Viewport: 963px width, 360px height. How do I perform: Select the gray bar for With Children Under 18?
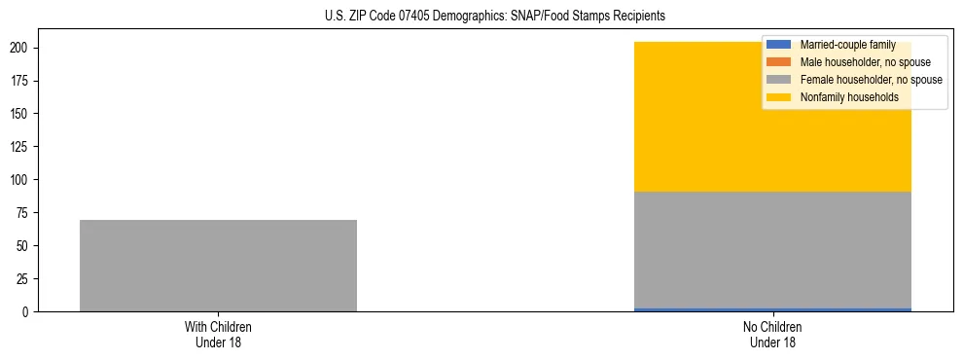point(218,266)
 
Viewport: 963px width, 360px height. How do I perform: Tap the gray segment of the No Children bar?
point(772,250)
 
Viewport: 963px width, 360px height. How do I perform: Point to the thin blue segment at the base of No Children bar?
point(772,309)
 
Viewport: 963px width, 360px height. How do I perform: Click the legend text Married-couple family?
point(847,45)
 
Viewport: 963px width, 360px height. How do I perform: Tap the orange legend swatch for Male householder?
point(779,62)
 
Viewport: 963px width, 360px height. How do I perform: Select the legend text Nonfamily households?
point(843,97)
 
